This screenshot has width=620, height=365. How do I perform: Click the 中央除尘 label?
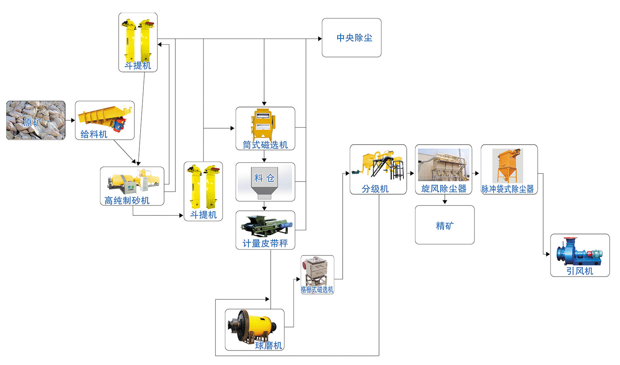(354, 38)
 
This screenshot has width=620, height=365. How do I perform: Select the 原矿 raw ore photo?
(36, 120)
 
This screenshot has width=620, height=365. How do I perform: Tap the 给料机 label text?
(94, 134)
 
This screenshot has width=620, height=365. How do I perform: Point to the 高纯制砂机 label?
(127, 200)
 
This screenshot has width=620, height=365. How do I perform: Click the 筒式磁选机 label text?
(265, 145)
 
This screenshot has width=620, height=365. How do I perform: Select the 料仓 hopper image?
(265, 182)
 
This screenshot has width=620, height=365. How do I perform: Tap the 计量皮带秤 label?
(265, 243)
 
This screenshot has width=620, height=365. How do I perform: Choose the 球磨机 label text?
(268, 346)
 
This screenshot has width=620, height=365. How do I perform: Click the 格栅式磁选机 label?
(317, 290)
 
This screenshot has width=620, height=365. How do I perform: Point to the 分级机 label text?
(375, 189)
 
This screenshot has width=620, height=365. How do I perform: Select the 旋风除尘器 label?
(444, 189)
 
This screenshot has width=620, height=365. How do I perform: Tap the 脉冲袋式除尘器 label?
(508, 189)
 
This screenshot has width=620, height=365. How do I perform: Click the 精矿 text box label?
(445, 226)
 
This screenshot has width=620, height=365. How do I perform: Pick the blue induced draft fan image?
(579, 252)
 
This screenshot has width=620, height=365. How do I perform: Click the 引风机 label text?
(579, 271)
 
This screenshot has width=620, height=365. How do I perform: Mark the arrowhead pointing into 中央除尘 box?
(320, 39)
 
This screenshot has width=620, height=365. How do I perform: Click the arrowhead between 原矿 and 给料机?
(73, 120)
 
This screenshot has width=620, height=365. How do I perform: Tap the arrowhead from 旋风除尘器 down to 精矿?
(445, 202)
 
